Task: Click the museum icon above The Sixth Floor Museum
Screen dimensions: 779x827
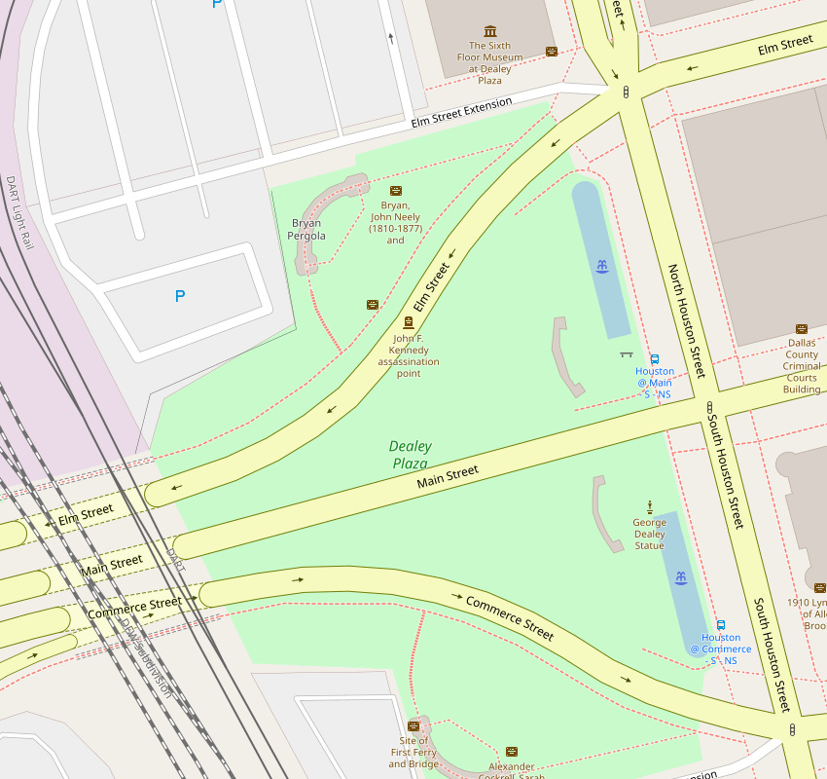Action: [489, 31]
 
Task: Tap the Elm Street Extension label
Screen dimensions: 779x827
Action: [460, 114]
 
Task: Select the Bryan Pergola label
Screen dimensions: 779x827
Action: [306, 230]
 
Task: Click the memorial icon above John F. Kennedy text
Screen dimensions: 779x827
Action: [408, 322]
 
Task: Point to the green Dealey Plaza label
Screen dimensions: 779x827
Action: [410, 455]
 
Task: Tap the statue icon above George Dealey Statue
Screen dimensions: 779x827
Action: [649, 505]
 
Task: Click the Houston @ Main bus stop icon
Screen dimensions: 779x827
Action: [654, 358]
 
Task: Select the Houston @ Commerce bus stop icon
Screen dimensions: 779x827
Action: [720, 625]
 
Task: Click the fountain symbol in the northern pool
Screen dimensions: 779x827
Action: [603, 266]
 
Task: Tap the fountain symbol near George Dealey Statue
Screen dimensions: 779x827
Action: [681, 578]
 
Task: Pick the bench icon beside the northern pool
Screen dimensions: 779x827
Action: [626, 354]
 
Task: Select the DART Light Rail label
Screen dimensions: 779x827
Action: [19, 211]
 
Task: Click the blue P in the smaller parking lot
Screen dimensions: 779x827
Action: [179, 296]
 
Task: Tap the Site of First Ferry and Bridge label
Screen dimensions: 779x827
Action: [409, 753]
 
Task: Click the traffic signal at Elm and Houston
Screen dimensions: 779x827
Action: [626, 92]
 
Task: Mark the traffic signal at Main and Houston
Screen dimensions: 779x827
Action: [709, 409]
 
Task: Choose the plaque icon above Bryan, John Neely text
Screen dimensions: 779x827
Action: [395, 191]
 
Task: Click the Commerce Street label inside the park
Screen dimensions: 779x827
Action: [509, 617]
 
